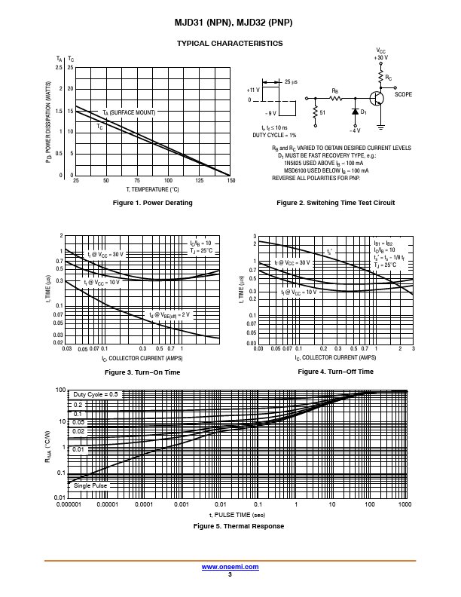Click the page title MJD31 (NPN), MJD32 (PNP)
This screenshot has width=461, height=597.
[x=230, y=23]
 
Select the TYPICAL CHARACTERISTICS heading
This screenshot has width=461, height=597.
[x=230, y=44]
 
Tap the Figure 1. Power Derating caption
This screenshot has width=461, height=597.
[x=152, y=203]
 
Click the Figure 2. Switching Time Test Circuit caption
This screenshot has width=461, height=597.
[x=335, y=203]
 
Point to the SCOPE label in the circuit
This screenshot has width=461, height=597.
[x=404, y=95]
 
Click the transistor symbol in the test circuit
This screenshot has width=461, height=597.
[x=377, y=98]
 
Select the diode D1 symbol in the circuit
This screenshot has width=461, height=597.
[x=356, y=112]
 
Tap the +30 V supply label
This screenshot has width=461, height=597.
[x=381, y=57]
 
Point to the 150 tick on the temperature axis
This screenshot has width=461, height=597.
[x=230, y=181]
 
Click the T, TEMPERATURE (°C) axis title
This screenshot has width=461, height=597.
[x=152, y=190]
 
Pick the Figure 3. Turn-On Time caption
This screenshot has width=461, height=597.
[x=142, y=372]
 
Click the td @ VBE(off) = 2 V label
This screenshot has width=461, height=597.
[x=170, y=314]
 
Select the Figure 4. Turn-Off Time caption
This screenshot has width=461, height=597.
[x=335, y=372]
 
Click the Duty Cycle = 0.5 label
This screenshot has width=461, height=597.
[x=96, y=394]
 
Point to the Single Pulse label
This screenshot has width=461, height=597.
[x=90, y=485]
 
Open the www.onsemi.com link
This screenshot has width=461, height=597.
[x=230, y=566]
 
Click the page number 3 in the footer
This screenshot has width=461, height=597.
[x=230, y=574]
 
